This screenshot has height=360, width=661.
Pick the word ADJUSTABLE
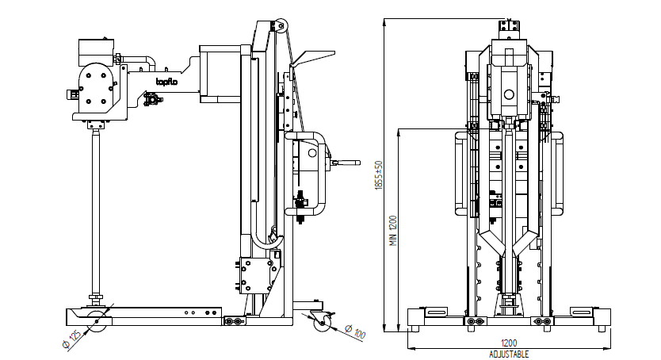coord(508,354)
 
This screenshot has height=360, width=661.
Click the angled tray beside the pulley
coord(311,56)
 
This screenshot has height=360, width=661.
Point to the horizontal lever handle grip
coord(346,163)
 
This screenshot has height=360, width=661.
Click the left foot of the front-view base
coord(414,325)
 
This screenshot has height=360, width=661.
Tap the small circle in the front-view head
coord(509,94)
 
